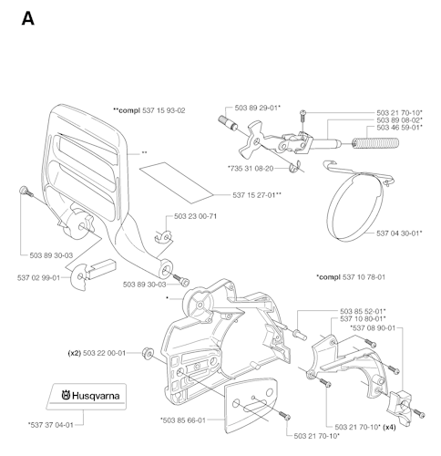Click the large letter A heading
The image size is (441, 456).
pos(28,19)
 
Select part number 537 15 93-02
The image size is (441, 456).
pos(164,110)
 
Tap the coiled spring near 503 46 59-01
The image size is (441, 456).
pos(375,143)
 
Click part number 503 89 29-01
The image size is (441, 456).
pos(258,108)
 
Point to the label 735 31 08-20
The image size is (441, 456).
pos(251,168)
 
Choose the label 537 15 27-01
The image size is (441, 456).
pos(257,195)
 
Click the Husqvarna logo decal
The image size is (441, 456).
pos(87,397)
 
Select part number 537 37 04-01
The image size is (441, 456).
pos(51,425)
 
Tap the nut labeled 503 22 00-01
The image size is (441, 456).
pos(148,353)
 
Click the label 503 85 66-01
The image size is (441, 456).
pos(183,420)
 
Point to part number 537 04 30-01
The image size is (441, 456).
pos(399,233)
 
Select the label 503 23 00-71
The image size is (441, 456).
pos(195,216)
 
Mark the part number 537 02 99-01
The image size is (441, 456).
pos(38,277)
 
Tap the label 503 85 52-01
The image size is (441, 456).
pos(363,311)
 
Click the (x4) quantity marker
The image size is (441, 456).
pos(389,427)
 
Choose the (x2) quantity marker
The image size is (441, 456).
pos(74,353)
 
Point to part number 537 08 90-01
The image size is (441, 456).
pos(373,327)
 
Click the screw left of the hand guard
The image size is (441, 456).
pos(26,192)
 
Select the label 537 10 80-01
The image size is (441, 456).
pos(363,318)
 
